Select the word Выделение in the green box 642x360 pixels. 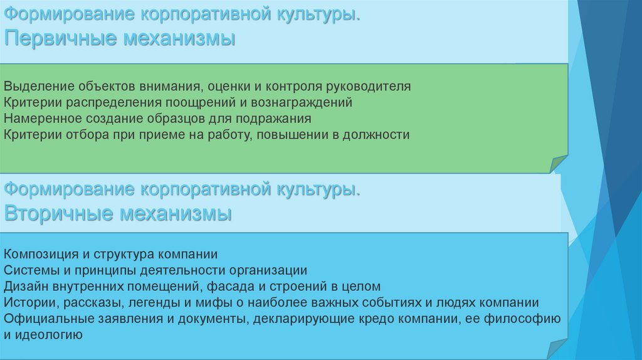(38, 86)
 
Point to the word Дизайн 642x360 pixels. (24, 287)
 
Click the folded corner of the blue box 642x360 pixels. (559, 349)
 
